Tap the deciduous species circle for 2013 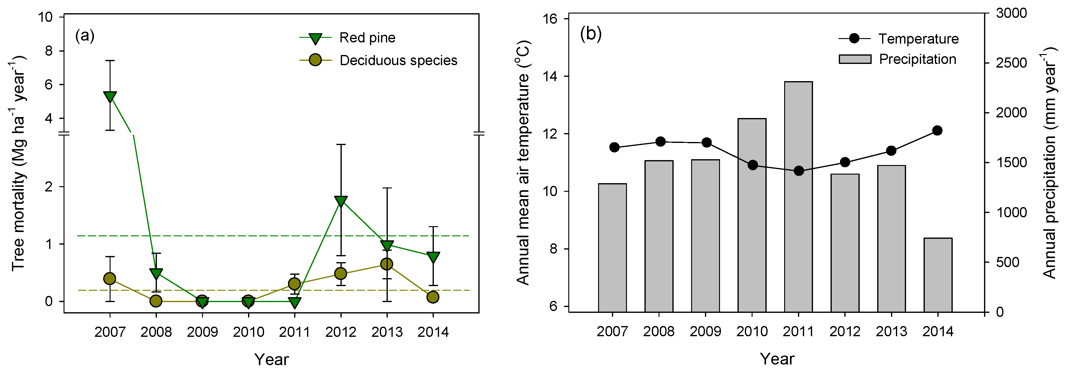point(387,264)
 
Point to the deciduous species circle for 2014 point(433,297)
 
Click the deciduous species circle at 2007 point(110,278)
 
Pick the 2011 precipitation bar point(798,197)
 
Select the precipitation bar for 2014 point(938,275)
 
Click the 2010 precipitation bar point(752,215)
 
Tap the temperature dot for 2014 point(937,131)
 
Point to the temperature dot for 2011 point(798,171)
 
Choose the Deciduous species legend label point(398,60)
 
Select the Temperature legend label point(918,39)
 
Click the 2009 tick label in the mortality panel point(202,332)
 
